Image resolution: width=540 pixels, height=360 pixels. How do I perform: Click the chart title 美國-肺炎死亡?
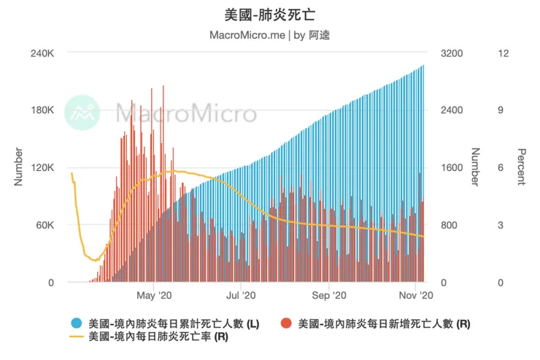[x=270, y=14]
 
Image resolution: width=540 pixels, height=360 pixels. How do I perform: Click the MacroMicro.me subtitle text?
[x=247, y=34]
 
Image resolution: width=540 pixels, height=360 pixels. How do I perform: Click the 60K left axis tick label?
[x=45, y=225]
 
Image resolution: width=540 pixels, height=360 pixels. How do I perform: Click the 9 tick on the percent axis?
[x=501, y=110]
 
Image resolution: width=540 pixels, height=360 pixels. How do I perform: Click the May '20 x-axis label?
[x=154, y=296]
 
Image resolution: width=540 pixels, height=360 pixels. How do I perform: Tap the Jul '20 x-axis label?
[x=242, y=296]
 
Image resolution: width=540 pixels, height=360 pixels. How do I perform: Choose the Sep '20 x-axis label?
[x=329, y=296]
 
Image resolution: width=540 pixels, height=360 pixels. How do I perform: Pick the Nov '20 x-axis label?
[x=416, y=296]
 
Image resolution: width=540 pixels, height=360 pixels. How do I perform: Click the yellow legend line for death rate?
[x=77, y=337]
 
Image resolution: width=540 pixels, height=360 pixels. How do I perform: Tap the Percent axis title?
[x=521, y=167]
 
